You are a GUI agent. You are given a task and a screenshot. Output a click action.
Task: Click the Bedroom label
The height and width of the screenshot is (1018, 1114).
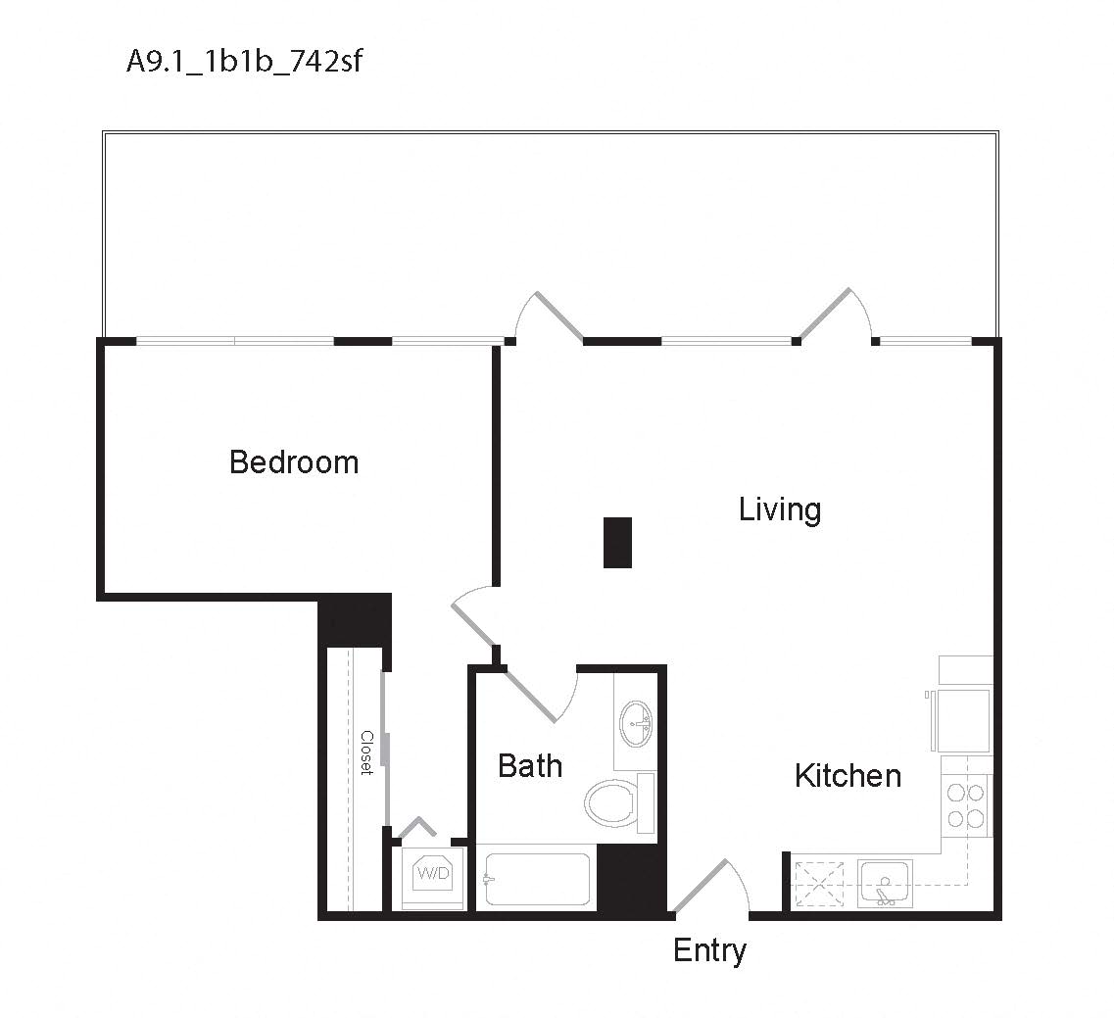coord(294,461)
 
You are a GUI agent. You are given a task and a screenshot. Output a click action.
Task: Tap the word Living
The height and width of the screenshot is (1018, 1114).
coord(780,509)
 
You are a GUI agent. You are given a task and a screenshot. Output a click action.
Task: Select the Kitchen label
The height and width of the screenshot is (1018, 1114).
coord(848,775)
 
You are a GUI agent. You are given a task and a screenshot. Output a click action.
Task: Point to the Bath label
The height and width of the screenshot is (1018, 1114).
coord(530,765)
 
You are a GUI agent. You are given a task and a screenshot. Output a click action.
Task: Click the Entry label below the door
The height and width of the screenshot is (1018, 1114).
coord(709,950)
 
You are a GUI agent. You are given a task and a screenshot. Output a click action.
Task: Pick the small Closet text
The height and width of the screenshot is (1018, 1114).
coord(366,752)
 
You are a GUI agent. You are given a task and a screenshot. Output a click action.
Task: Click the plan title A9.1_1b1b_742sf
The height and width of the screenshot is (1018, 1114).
coord(245,62)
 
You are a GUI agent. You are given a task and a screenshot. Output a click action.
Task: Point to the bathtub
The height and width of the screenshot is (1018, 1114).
coord(538,880)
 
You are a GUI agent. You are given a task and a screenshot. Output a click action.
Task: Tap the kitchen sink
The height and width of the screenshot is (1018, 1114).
coord(885,883)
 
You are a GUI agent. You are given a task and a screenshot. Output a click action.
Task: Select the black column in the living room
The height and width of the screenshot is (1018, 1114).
coord(617,542)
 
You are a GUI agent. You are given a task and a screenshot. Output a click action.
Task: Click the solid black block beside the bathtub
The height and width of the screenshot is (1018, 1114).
coord(631,878)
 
